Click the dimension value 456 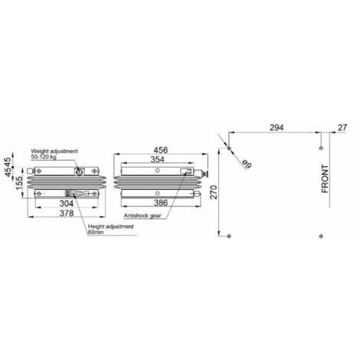click(x=161, y=150)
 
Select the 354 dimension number click(x=158, y=159)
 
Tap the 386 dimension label click(x=161, y=203)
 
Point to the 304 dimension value click(x=67, y=204)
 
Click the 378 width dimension click(x=67, y=213)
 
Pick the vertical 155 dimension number click(x=20, y=183)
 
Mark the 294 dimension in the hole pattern click(x=277, y=127)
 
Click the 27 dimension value click(x=342, y=127)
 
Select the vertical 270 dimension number click(x=214, y=192)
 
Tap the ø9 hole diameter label click(x=247, y=164)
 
